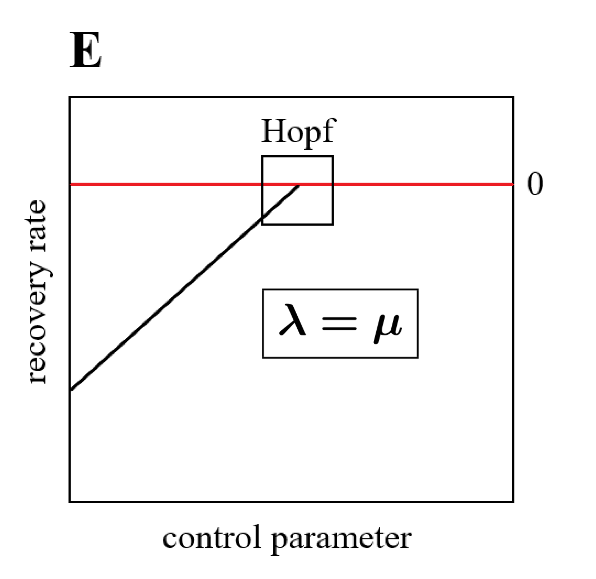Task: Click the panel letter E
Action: pos(86,50)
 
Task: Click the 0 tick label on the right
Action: pos(535,184)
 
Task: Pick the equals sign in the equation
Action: pos(340,323)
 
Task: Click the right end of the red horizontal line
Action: pos(513,184)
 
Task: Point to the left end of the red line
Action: pos(71,184)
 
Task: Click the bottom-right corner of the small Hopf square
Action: pos(333,224)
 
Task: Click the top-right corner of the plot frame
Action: pos(513,97)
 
